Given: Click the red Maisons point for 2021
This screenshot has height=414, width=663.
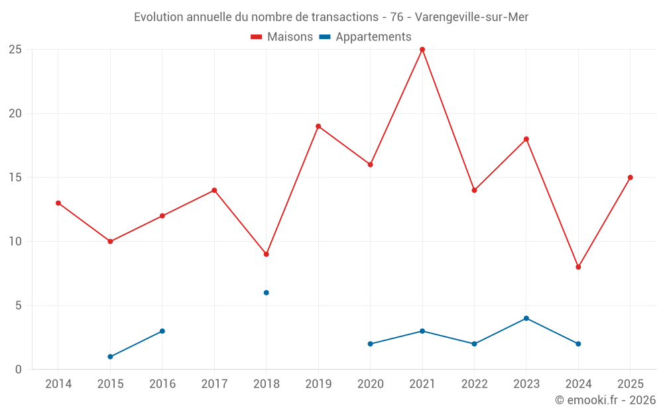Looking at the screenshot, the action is [422, 50].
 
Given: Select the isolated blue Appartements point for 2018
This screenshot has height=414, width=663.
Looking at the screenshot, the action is [266, 293].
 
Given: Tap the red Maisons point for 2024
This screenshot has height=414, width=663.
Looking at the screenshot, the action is [578, 267].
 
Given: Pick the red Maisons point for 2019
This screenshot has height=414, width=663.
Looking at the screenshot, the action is [318, 127].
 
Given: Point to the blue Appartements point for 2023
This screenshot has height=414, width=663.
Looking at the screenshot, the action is [526, 318].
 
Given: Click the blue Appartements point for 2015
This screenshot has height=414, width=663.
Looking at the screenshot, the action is [110, 356].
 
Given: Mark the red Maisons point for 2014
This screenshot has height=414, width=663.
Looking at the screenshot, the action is [58, 203].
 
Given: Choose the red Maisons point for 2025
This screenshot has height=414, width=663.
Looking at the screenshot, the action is [630, 178].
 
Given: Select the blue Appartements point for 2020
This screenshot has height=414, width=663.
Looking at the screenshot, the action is [370, 344].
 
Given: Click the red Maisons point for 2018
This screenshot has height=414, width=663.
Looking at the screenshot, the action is [266, 254].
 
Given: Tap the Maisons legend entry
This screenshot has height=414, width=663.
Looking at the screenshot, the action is [282, 36].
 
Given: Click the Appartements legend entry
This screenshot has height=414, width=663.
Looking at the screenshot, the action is [365, 36].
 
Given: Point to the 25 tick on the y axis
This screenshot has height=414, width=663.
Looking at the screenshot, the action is [15, 50].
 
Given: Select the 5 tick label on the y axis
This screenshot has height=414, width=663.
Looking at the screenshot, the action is [18, 305].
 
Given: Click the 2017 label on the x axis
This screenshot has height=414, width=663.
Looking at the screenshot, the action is [214, 384].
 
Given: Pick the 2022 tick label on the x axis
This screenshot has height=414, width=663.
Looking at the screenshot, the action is [474, 384].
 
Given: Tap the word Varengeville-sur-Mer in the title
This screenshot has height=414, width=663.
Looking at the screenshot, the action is [471, 17].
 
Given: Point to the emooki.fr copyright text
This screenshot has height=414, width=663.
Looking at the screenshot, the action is [605, 399].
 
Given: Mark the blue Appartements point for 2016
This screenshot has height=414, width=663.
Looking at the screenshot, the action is [162, 331].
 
